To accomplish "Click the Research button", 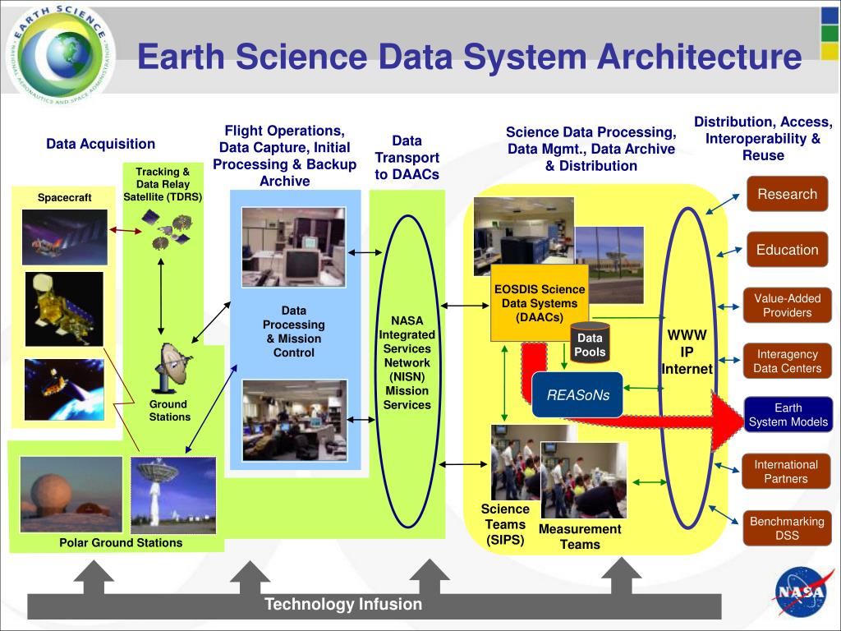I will coord(787,194).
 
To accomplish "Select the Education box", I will coord(787,250).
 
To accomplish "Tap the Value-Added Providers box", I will coord(787,306).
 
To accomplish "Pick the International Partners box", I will coord(785,472).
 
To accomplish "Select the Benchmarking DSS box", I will coord(786,528).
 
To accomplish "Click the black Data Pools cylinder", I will coord(590,343).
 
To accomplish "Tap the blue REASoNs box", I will coord(578,395).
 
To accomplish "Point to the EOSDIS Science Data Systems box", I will coord(540,303).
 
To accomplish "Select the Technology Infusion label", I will coord(342,605).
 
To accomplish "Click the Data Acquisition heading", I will coord(100,144).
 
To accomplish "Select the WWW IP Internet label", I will coord(687,352).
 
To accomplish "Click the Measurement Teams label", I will coord(580,537).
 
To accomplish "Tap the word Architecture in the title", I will coord(699,57).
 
